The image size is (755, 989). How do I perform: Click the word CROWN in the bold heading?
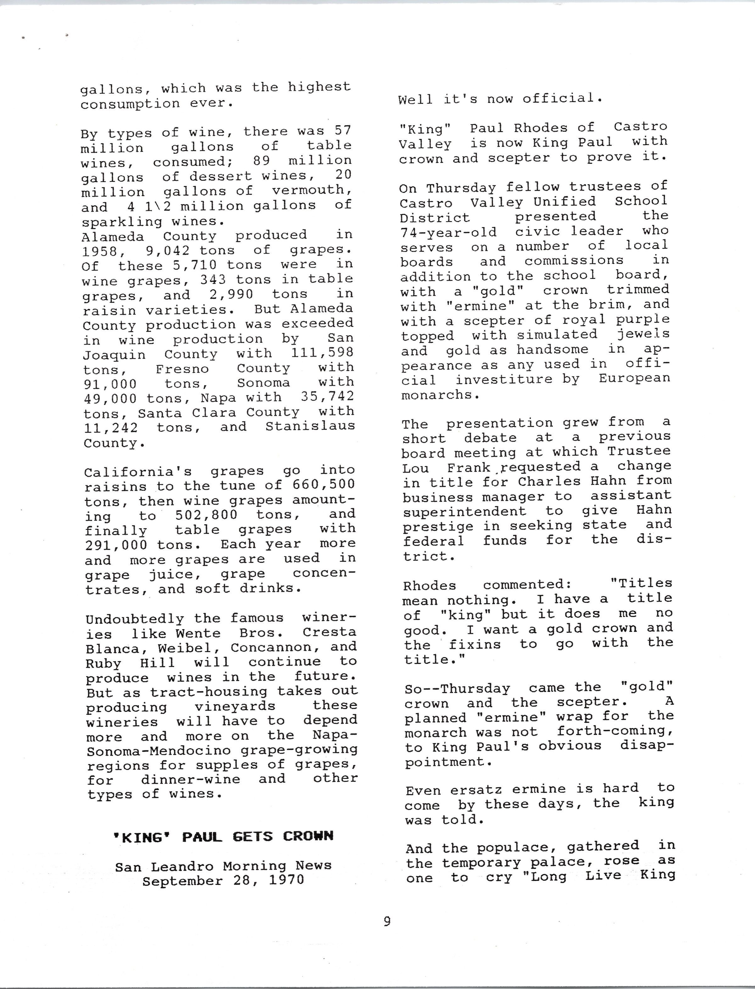coord(308,836)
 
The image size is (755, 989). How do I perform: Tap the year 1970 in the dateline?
coord(286,880)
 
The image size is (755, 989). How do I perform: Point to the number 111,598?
coord(322,353)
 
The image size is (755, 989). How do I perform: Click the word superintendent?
coord(464,512)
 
